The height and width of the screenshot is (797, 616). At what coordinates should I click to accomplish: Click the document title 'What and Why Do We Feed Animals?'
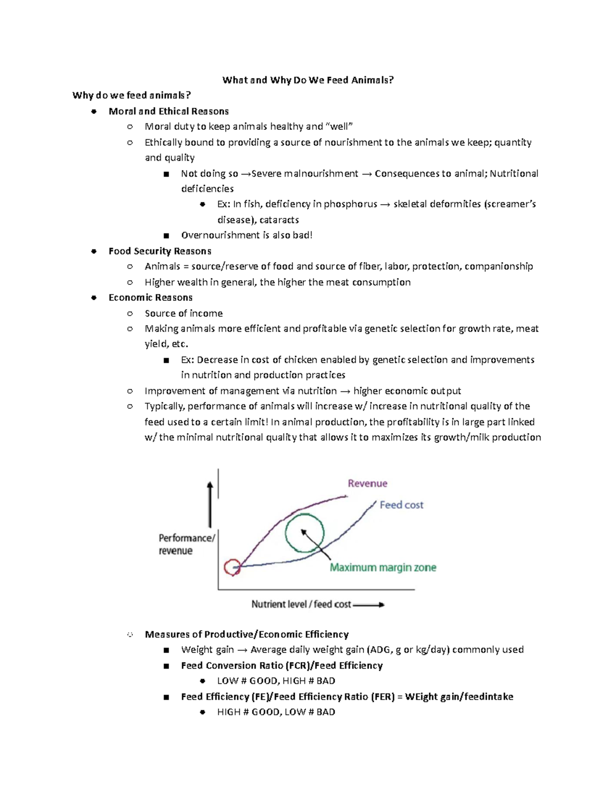point(308,80)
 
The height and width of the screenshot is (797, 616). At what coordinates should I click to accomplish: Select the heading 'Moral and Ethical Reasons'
point(168,111)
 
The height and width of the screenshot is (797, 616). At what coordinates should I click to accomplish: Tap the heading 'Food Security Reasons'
point(160,251)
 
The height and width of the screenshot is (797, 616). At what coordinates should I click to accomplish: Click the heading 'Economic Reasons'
point(150,298)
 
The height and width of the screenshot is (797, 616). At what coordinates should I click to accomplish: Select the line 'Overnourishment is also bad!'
point(246,235)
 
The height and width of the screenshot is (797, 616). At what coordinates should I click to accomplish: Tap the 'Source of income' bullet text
point(183,313)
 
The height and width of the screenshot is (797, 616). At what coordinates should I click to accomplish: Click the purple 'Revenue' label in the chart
point(368,483)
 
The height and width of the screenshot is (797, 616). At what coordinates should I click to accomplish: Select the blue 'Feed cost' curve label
point(401,505)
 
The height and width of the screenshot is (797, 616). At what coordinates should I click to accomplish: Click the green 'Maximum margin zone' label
point(383,568)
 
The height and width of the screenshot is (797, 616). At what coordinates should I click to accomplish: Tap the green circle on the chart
point(304,533)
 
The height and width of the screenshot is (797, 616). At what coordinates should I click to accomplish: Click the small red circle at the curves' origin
point(232,568)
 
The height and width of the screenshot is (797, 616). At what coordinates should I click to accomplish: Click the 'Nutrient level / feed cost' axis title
point(301,605)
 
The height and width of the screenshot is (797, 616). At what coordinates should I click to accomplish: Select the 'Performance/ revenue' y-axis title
point(186,544)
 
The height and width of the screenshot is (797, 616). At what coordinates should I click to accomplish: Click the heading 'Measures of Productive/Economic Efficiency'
point(246,634)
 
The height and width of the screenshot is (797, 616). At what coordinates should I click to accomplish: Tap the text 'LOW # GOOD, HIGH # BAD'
point(276,681)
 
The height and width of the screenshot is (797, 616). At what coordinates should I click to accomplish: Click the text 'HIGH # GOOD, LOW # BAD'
point(276,712)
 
